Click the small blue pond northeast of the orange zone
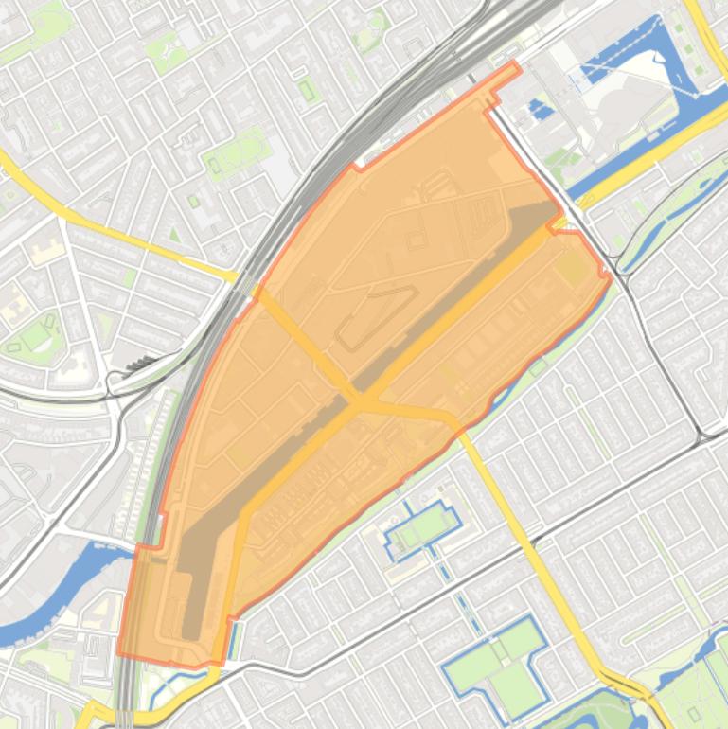[540, 110]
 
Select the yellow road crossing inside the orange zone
[359, 403]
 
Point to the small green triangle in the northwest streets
[174, 233]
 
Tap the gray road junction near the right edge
[699, 436]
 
